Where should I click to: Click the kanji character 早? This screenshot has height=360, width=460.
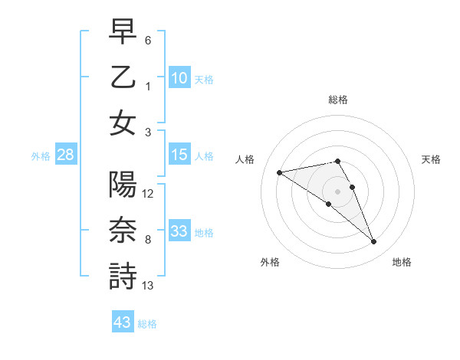pyautogui.click(x=123, y=33)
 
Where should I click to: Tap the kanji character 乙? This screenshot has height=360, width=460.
pyautogui.click(x=123, y=77)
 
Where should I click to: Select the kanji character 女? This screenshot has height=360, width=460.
pyautogui.click(x=123, y=122)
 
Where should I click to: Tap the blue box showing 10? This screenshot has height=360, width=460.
pyautogui.click(x=179, y=78)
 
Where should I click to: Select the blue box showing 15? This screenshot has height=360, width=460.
pyautogui.click(x=179, y=155)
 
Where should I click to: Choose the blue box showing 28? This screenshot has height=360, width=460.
pyautogui.click(x=65, y=155)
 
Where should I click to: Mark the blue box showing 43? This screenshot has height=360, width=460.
pyautogui.click(x=123, y=322)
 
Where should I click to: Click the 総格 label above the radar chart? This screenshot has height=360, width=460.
pyautogui.click(x=337, y=100)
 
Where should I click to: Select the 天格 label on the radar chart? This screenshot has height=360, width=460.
pyautogui.click(x=432, y=159)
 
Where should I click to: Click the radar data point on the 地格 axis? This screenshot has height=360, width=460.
pyautogui.click(x=374, y=242)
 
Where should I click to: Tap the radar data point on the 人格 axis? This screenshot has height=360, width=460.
pyautogui.click(x=279, y=172)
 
